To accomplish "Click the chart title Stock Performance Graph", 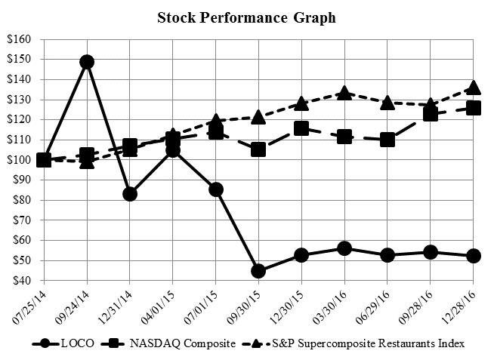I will (x=246, y=17).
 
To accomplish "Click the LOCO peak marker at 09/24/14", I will (x=87, y=62).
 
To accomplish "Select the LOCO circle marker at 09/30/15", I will (x=258, y=271).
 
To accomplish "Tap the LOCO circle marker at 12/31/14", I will (x=130, y=194).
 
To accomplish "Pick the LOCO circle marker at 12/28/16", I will (x=474, y=256).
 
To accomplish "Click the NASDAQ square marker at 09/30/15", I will (x=258, y=149).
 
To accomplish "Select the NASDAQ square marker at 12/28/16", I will (x=474, y=108).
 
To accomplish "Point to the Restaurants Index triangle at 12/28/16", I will (x=474, y=88).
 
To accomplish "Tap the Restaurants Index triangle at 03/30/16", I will (x=344, y=93).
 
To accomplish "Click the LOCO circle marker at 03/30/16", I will (x=344, y=248).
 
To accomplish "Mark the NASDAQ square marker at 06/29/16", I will (x=387, y=140).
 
